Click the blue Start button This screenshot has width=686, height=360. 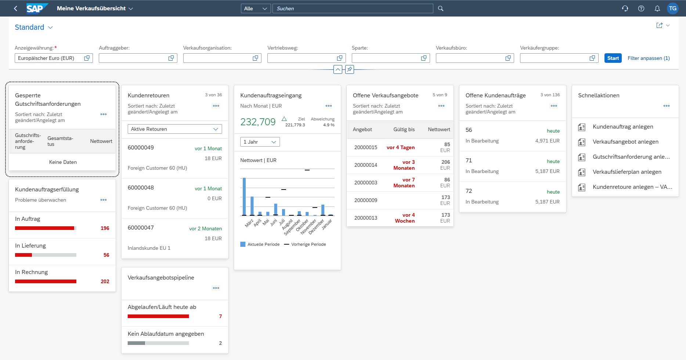tap(613, 58)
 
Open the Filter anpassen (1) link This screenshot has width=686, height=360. tap(648, 58)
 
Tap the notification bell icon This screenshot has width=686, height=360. tap(657, 8)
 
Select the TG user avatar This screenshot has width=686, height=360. tap(672, 8)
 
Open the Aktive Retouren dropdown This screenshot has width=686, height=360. tap(175, 129)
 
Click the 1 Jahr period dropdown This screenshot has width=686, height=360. tap(260, 142)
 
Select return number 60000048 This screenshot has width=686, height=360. tap(141, 188)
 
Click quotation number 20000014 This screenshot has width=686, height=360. tap(365, 165)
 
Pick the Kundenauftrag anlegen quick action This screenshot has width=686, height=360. tap(622, 127)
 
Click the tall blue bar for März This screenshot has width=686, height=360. tap(244, 197)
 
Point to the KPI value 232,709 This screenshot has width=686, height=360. tap(258, 122)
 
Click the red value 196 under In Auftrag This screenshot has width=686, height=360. tap(105, 228)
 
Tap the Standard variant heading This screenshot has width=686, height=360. tap(29, 27)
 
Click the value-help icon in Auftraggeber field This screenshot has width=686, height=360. tap(171, 58)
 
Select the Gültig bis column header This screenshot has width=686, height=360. tap(404, 129)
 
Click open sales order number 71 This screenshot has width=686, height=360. tap(469, 161)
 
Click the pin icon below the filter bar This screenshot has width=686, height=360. tap(350, 69)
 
